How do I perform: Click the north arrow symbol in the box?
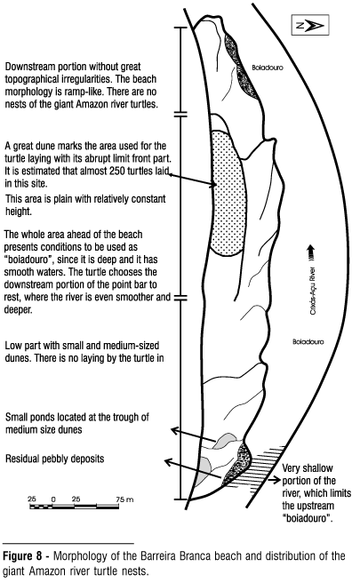coord(311,25)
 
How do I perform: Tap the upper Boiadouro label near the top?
coord(268,68)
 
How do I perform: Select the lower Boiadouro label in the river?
coord(308,341)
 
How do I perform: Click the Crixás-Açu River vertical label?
coord(313,291)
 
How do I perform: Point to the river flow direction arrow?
coord(311,254)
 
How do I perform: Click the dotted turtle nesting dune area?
coord(228,193)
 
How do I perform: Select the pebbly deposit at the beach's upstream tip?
coord(237,464)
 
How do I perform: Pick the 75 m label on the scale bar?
coord(124,499)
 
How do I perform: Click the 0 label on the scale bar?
coord(53,499)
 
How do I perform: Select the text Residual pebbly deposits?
coord(55,459)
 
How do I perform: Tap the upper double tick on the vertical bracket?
coord(180,114)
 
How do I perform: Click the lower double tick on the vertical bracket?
coord(180,298)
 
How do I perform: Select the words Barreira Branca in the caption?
coord(175,556)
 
